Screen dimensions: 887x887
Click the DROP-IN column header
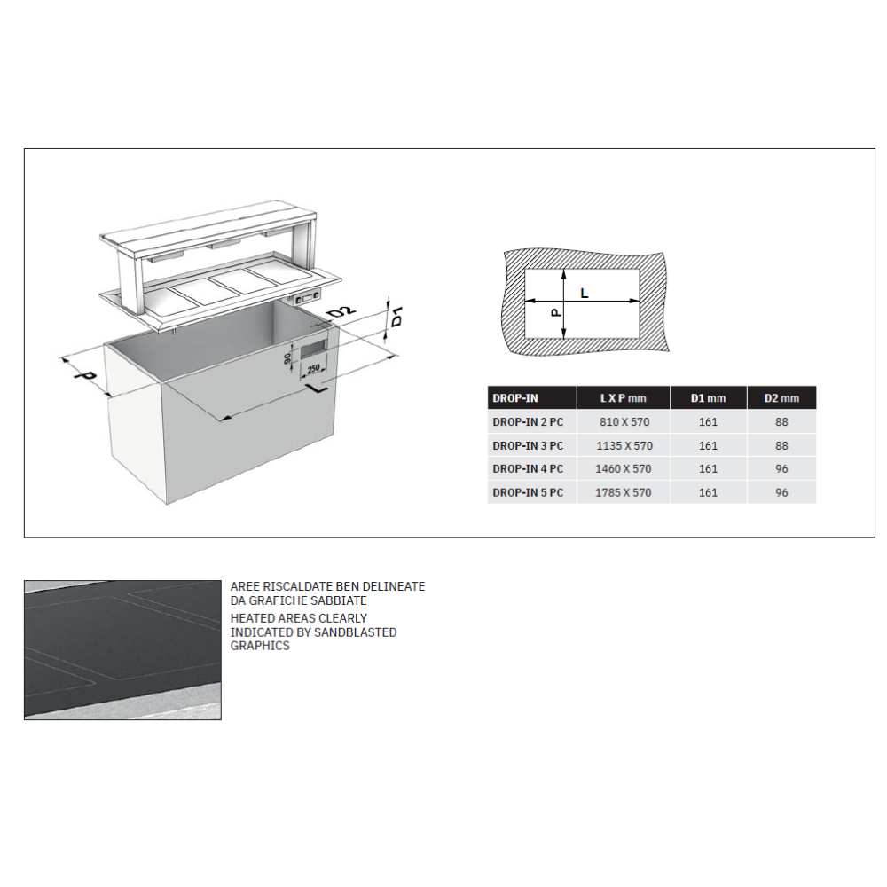(x=515, y=398)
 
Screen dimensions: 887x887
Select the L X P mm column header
(x=624, y=398)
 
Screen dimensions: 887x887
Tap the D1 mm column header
(x=708, y=398)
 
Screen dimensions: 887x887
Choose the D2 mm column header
(x=781, y=398)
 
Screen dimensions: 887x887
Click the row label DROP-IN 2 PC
(x=528, y=422)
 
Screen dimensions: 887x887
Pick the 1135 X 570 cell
(x=624, y=446)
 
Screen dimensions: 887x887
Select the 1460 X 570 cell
(x=624, y=469)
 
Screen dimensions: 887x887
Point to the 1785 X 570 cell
(x=624, y=492)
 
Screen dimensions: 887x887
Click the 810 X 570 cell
(x=624, y=422)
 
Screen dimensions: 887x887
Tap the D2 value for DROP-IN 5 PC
(x=781, y=492)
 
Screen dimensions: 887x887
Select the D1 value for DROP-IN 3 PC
(x=708, y=446)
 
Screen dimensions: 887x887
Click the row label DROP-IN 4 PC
(x=528, y=469)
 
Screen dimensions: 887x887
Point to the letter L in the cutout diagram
(x=584, y=292)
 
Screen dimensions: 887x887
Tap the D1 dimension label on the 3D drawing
(x=397, y=315)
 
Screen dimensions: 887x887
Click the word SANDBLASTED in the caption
(x=358, y=632)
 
